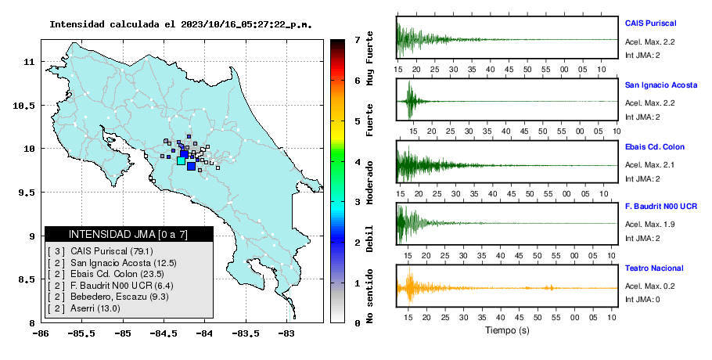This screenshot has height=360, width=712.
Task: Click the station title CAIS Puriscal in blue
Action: (650, 23)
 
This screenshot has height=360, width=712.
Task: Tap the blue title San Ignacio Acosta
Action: (660, 85)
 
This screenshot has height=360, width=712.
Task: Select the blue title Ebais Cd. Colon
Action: (654, 146)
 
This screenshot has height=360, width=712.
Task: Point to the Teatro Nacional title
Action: (654, 268)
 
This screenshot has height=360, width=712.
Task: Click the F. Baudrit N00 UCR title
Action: (660, 206)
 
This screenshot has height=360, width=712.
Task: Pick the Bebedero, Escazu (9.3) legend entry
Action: (108, 297)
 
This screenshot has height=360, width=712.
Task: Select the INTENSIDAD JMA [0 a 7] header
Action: (128, 234)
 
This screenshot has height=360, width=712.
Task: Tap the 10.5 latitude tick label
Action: (24, 106)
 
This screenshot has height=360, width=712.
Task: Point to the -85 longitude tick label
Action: (123, 334)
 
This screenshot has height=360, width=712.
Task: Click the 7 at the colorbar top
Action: (358, 40)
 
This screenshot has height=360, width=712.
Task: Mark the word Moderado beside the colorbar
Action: (369, 182)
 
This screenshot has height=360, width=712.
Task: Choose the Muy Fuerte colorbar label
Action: (369, 58)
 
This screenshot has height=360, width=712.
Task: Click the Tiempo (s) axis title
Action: (507, 330)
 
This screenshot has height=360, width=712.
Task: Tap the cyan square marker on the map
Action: (181, 160)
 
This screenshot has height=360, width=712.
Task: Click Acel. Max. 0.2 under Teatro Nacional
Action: (649, 286)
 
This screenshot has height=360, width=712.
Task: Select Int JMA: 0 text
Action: (642, 299)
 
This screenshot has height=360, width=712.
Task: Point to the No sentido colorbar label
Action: (369, 296)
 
